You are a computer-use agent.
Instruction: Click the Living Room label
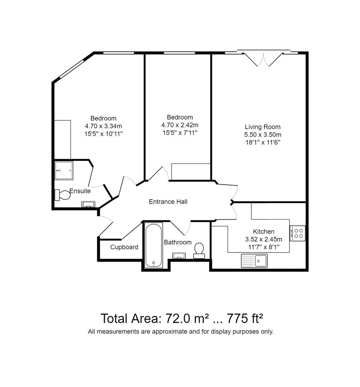[262, 127]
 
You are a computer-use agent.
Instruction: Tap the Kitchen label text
[264, 232]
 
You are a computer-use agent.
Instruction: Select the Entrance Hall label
[168, 202]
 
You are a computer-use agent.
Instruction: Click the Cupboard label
[124, 247]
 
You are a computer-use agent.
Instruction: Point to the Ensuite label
[80, 191]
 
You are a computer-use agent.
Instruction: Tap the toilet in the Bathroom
[199, 250]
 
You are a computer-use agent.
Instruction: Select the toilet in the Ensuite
[62, 195]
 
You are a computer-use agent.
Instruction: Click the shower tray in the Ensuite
[64, 170]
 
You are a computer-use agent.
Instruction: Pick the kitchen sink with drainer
[254, 261]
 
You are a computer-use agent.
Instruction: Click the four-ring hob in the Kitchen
[298, 233]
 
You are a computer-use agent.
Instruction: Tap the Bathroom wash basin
[179, 255]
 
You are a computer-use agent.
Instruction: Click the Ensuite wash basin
[88, 204]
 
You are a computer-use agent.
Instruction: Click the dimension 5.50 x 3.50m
[263, 135]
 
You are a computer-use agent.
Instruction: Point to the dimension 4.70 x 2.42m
[180, 125]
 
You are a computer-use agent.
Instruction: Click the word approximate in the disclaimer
[169, 331]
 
